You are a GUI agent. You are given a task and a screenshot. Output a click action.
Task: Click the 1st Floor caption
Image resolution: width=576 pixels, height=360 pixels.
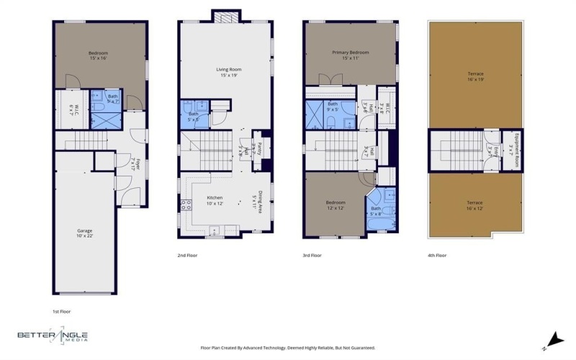click(61, 312)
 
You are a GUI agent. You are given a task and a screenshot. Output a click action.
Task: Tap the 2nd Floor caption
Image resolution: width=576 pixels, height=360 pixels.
click(187, 256)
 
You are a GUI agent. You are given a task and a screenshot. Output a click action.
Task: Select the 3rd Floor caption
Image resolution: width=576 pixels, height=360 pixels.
click(312, 256)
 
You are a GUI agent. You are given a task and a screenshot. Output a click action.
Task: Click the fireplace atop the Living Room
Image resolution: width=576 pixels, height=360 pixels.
click(224, 16)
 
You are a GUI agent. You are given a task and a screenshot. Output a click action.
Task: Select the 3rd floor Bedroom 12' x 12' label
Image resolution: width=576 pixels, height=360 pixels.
click(335, 205)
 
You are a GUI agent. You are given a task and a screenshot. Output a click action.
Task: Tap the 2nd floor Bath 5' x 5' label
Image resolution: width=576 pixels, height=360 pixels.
click(194, 116)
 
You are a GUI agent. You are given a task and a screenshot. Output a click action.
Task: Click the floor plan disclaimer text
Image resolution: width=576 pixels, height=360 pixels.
click(287, 348)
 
